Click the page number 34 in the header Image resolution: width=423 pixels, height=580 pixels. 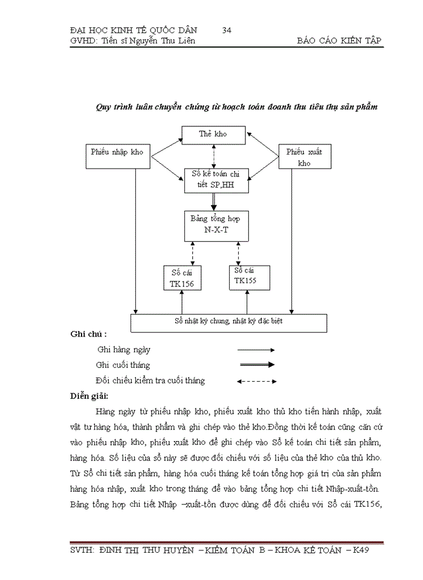228,30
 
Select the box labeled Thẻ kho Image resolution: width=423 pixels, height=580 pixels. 213,134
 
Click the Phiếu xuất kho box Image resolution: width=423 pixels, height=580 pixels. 304,157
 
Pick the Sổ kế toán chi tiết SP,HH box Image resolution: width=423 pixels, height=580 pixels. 217,181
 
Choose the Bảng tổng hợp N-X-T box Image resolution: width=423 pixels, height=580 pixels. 216,225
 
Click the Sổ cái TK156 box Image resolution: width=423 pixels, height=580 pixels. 182,279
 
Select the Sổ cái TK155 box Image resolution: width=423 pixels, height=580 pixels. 250,276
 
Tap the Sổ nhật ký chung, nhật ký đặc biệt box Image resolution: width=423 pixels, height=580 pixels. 229,323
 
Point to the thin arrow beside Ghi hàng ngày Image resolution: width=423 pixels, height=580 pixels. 256,350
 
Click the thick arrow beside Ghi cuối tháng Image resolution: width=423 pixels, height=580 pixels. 256,365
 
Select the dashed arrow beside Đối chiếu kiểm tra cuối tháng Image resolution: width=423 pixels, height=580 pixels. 256,381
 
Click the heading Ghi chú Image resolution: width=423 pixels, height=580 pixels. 89,334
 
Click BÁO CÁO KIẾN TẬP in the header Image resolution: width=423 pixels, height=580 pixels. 340,40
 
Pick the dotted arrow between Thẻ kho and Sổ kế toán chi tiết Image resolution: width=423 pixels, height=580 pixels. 214,155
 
